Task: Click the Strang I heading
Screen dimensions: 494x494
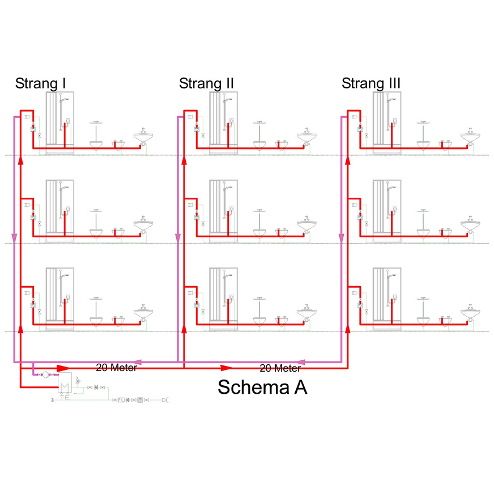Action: pos(41,84)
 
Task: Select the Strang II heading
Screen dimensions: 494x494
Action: pos(206,84)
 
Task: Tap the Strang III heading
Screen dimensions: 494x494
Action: pos(371,84)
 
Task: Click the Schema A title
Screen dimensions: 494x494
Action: pos(262,387)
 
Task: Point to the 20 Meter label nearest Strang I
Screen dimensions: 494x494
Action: pos(116,367)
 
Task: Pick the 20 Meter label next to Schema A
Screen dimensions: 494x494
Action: pos(280,368)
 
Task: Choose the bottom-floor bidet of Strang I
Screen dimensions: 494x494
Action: pos(118,319)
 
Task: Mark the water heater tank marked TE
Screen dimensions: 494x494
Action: pos(64,386)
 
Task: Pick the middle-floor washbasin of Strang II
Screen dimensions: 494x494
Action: pos(306,225)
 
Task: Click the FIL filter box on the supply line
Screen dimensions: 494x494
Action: pos(121,400)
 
